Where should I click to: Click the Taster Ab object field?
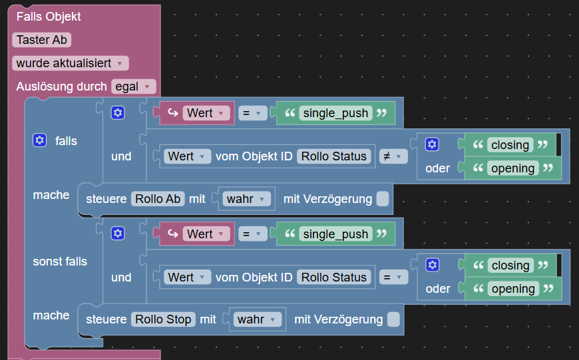41,40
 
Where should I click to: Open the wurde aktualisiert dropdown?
70,63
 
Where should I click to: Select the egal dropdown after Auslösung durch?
133,87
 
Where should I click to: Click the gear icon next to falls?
39,140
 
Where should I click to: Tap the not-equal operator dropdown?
393,156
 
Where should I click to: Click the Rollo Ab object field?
158,199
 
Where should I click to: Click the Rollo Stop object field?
163,319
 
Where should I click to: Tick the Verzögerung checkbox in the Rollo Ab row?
383,199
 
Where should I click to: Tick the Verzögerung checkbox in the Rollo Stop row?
393,319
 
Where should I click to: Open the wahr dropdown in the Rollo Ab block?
246,199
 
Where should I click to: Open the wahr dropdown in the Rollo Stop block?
257,319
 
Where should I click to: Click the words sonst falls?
60,262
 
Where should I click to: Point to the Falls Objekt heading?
49,17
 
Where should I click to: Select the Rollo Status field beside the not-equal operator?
334,156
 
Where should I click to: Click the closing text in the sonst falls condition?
510,265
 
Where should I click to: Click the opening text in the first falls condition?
512,168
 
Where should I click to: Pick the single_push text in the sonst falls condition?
335,234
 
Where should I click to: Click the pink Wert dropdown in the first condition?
206,113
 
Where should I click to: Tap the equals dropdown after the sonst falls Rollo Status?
393,277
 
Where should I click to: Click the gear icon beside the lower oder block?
432,265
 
